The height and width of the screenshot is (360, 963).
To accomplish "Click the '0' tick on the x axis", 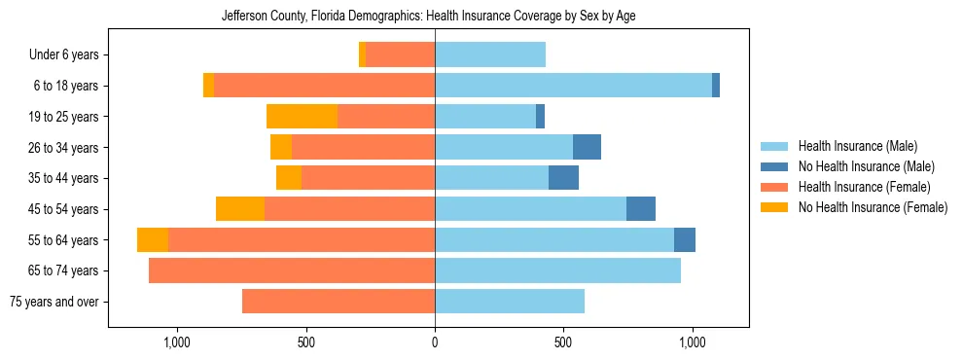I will [x=435, y=342].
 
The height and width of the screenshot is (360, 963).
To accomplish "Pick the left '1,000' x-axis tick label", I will [x=177, y=342].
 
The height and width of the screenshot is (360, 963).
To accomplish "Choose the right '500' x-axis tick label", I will [x=563, y=342].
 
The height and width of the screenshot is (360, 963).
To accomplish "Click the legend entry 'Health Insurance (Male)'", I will [x=857, y=146].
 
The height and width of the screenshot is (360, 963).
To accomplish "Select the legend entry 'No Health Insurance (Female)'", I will [x=873, y=207].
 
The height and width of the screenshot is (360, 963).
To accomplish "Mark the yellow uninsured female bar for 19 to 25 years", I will [x=302, y=117].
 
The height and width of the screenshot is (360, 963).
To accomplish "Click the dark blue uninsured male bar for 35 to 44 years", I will [x=563, y=178].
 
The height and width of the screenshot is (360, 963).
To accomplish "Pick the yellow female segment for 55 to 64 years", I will [x=153, y=239].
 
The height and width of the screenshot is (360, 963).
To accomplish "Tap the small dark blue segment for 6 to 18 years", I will [x=716, y=86].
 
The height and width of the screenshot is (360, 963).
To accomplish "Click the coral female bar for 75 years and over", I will [x=339, y=302].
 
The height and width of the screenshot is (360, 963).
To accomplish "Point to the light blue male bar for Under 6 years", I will [x=490, y=55].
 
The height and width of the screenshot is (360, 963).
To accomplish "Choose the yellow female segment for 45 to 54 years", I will [x=240, y=209].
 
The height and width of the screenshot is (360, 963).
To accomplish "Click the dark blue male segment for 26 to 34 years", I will [x=587, y=148].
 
